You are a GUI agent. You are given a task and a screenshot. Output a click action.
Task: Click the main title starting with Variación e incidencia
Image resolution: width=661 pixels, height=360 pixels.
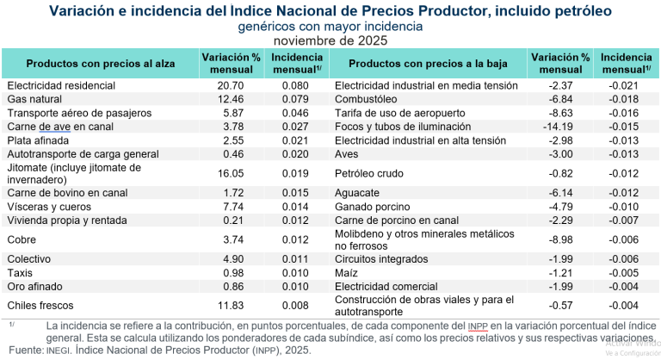pos(330,10)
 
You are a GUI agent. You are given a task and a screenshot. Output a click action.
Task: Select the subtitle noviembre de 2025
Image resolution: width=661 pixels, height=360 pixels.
pos(330,40)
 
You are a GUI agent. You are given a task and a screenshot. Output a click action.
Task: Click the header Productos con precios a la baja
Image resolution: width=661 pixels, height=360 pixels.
pos(428,63)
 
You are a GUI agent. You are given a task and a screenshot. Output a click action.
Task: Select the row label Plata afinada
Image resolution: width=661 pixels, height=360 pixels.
pos(39,140)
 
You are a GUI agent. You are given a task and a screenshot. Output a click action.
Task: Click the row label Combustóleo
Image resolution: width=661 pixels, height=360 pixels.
pos(367,99)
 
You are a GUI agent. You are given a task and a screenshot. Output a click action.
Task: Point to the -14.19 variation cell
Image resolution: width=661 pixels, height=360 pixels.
pos(560,127)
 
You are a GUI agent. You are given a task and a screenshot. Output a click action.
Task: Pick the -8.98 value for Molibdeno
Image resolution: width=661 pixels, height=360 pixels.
pos(560,239)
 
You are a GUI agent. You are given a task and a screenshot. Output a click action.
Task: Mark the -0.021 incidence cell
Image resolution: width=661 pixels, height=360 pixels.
pos(626,86)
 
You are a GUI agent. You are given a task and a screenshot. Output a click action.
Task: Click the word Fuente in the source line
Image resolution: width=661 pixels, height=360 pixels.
pos(24,352)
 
